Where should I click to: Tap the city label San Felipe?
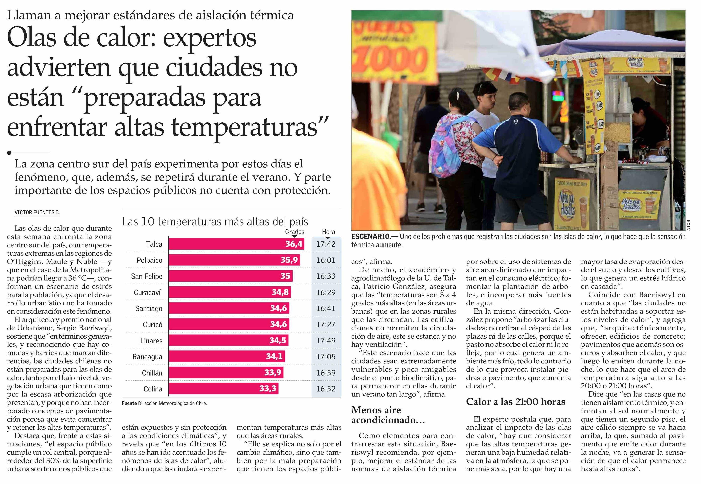coord(147,276)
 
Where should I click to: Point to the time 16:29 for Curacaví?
coord(326,292)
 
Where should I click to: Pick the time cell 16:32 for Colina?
coord(326,389)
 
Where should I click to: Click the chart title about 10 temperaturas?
coord(215,222)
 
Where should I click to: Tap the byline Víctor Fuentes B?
coord(37,212)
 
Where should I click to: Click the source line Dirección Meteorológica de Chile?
coord(172,403)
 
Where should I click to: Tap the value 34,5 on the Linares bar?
coord(278,341)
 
